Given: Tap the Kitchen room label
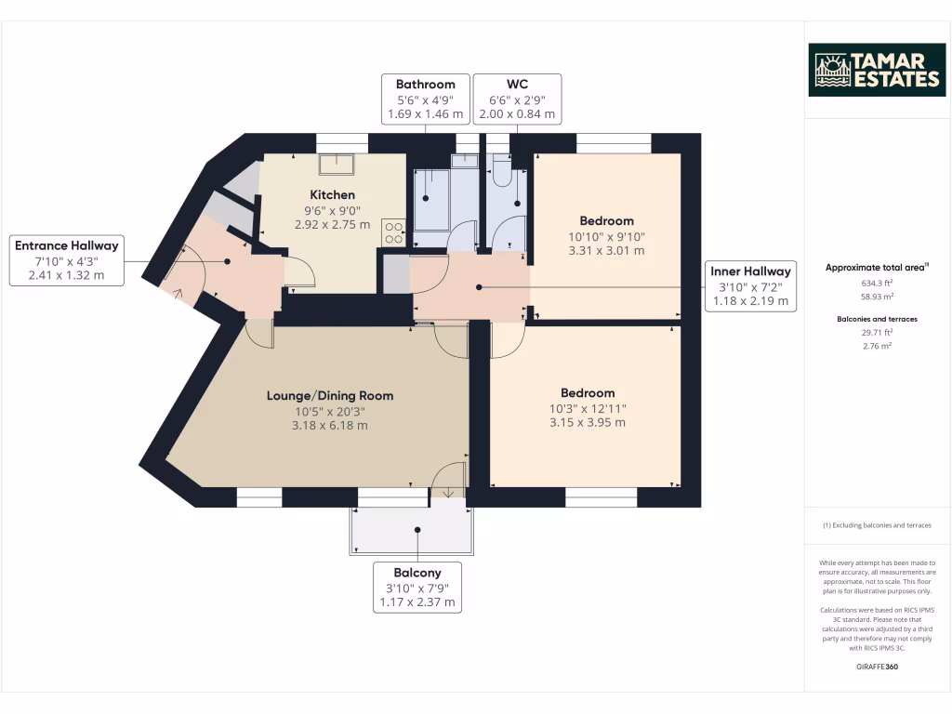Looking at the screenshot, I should [332, 194].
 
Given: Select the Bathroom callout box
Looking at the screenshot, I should [425, 99].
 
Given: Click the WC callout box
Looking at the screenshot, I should [517, 99].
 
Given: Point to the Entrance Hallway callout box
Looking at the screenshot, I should [66, 260].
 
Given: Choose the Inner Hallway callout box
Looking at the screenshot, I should [750, 285].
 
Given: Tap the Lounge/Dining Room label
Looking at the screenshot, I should [330, 395].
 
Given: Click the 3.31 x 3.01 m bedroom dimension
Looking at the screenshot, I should [606, 250].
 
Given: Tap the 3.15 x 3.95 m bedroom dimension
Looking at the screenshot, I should [588, 422].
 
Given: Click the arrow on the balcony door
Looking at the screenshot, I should [448, 491].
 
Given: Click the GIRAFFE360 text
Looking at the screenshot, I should [878, 667].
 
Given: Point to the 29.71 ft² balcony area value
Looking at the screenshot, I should [878, 332].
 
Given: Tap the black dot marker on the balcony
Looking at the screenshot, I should [418, 530].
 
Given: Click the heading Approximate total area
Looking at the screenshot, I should [876, 268].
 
